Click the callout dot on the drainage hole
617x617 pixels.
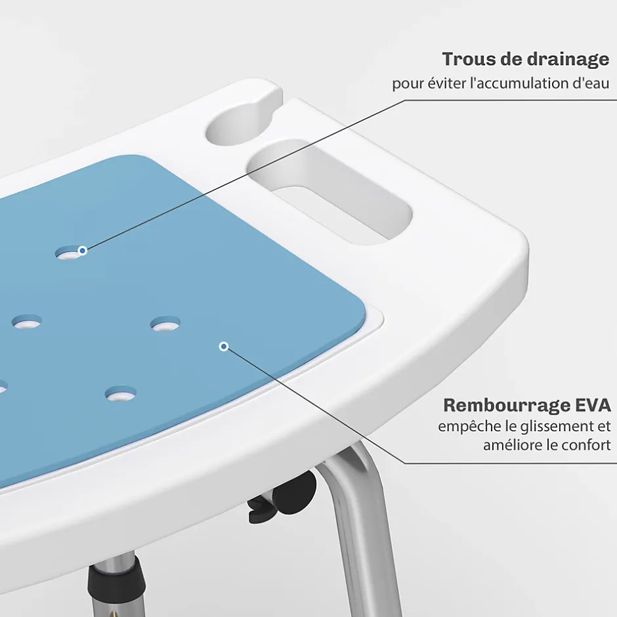point(82,250)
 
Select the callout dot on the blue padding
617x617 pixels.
point(224,347)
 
